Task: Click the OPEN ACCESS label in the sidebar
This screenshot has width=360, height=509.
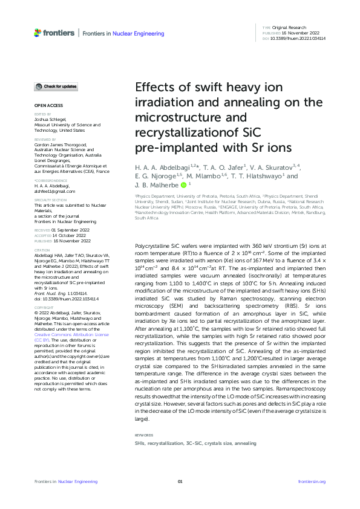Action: [x=45, y=105]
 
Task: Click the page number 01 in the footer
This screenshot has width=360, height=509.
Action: [x=180, y=481]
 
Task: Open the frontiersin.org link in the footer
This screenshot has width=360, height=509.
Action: [x=312, y=481]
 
